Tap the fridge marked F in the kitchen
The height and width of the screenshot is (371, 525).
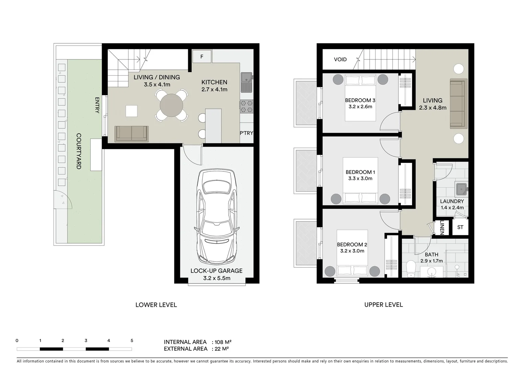click(x=202, y=57)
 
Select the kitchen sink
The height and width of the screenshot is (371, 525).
click(x=246, y=82)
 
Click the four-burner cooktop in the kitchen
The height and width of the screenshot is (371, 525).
click(x=246, y=106)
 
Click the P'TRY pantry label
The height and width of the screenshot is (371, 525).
click(x=246, y=133)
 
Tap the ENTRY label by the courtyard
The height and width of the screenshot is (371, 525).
click(x=97, y=105)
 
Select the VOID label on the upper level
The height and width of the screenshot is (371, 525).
click(x=340, y=59)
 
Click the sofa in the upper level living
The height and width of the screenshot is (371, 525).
click(x=458, y=104)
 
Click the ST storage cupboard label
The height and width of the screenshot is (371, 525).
click(x=460, y=227)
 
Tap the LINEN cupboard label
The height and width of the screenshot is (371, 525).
click(x=442, y=227)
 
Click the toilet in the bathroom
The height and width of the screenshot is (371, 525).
click(x=411, y=270)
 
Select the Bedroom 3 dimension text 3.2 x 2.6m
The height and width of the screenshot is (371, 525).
click(x=360, y=107)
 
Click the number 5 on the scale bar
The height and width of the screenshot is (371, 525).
click(x=132, y=341)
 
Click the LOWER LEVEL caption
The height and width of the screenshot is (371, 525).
click(x=156, y=305)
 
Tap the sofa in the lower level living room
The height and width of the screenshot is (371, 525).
click(x=132, y=134)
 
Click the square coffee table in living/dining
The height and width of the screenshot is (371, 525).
click(x=132, y=111)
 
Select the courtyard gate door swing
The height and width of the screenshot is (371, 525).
click(x=64, y=200)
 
